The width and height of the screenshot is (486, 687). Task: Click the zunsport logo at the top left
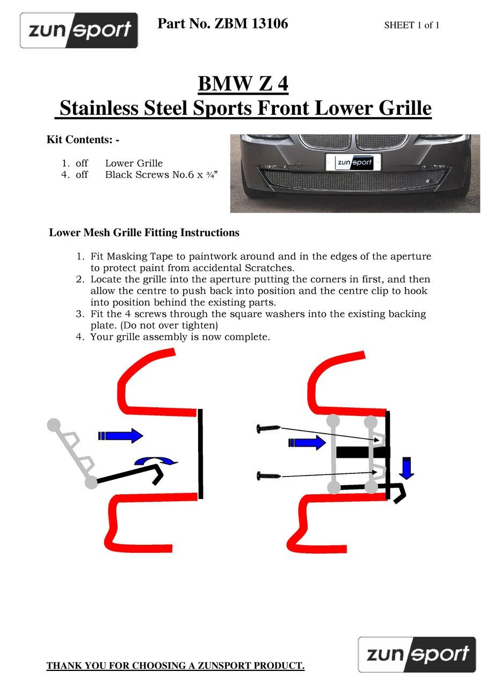(79, 31)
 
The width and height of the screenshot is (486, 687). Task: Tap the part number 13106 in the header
(270, 24)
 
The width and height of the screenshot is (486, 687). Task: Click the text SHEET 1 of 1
(411, 25)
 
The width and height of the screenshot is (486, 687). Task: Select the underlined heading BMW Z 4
(243, 83)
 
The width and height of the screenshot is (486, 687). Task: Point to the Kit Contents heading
(83, 140)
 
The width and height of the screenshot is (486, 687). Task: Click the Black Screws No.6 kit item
(162, 174)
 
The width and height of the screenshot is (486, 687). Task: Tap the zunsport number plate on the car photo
(353, 162)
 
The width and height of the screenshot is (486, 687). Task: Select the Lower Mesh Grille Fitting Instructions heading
(144, 232)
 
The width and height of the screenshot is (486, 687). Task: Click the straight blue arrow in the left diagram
(121, 435)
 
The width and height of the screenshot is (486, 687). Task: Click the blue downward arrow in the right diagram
(407, 467)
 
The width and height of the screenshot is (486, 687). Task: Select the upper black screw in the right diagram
(269, 428)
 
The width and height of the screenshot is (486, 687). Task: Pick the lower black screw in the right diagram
(269, 476)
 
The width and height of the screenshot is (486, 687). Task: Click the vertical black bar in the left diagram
(200, 454)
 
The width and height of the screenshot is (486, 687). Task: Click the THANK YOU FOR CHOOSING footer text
(176, 666)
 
